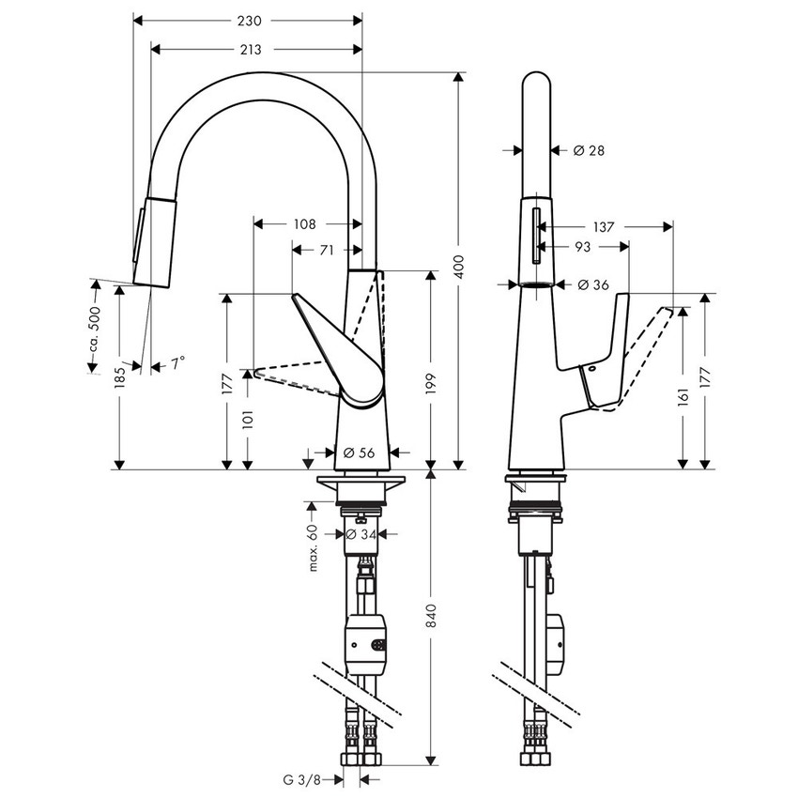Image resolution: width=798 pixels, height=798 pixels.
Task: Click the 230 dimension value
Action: click(x=248, y=20)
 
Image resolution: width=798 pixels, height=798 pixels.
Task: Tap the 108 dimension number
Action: click(x=305, y=224)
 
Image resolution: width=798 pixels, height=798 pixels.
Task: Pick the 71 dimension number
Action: click(x=327, y=250)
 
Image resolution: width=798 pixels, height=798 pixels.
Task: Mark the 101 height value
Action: click(x=248, y=421)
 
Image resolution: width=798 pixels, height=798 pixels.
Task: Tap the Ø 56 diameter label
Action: click(x=359, y=453)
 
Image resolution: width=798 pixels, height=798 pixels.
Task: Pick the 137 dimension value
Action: click(x=604, y=226)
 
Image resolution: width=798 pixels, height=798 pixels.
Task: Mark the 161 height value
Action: click(x=683, y=397)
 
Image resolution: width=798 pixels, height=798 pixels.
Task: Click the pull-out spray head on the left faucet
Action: click(x=155, y=239)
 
